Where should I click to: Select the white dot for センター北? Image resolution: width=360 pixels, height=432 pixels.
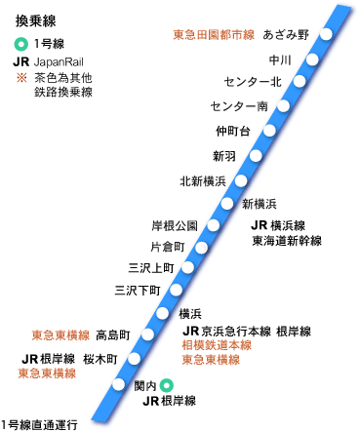[296, 82]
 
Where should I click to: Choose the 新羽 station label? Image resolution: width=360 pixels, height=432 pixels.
[223, 155]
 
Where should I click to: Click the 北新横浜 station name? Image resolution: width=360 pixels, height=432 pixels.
[202, 181]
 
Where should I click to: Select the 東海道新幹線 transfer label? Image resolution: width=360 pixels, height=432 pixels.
[286, 240]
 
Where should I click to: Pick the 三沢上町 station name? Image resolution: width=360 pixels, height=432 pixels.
[150, 267]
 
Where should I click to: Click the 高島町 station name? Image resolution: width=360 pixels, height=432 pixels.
[113, 334]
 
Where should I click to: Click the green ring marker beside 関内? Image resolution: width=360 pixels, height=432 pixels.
[167, 386]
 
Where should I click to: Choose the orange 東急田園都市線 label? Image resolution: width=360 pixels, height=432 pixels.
[213, 35]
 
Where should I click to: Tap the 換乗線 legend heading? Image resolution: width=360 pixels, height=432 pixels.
[33, 20]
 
